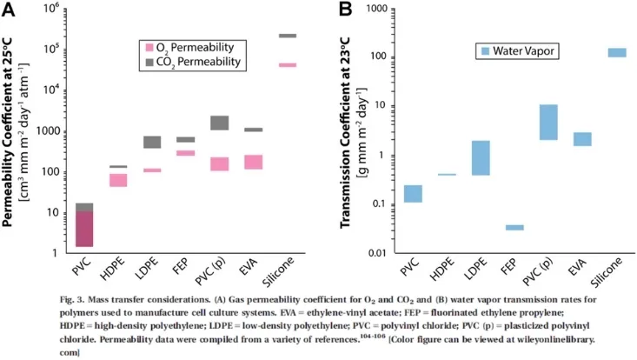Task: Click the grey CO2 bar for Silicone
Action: (x=288, y=36)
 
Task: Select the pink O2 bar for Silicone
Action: (x=288, y=65)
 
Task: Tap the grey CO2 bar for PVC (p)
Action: (x=219, y=123)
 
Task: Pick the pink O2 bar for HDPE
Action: (x=118, y=180)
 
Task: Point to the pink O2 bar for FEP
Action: (x=186, y=153)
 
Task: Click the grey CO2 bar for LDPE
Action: (x=152, y=143)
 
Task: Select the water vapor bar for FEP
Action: (x=514, y=228)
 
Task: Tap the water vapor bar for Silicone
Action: (x=617, y=52)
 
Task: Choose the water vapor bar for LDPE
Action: (x=481, y=158)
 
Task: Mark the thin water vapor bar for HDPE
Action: (x=447, y=175)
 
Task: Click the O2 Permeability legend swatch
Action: (x=149, y=48)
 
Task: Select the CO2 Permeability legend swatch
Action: (x=149, y=62)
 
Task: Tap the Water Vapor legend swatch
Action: (x=485, y=51)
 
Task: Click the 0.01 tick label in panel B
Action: (x=376, y=254)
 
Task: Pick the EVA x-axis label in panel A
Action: (x=249, y=267)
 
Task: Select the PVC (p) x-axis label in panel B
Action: (x=538, y=272)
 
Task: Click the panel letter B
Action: (x=345, y=9)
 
